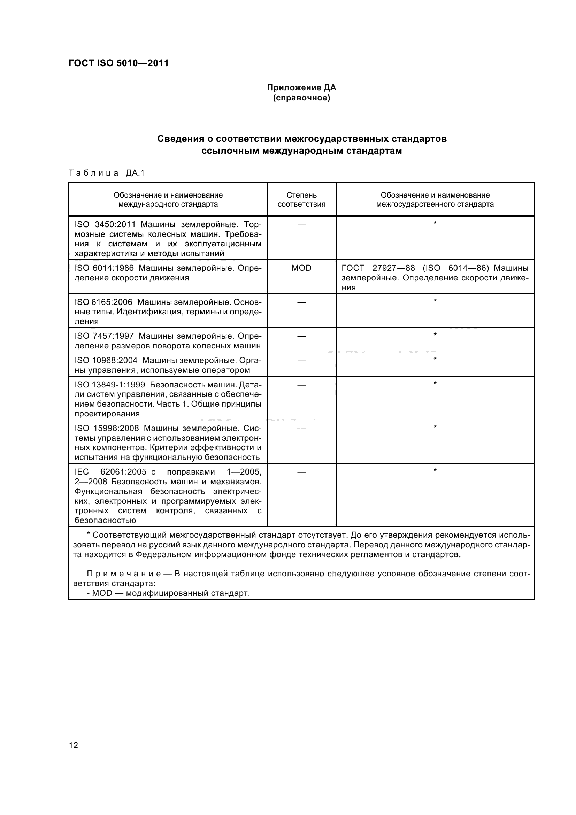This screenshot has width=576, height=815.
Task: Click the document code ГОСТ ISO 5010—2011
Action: point(118,63)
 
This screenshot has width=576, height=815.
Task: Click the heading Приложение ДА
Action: point(301,87)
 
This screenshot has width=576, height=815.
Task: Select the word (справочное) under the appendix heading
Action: point(301,98)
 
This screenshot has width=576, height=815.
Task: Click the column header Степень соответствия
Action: point(301,200)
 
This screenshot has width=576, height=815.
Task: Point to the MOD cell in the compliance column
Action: point(301,268)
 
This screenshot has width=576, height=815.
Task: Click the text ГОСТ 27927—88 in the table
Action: point(378,268)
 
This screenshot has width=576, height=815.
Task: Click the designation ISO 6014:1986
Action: point(104,268)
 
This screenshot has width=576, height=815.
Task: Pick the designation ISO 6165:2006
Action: point(103,302)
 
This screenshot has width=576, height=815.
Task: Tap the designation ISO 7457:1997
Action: point(104,336)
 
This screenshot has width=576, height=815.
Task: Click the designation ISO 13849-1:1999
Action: point(110,385)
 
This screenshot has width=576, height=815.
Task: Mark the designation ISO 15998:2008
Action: point(107,429)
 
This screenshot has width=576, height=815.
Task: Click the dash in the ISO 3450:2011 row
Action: point(301,225)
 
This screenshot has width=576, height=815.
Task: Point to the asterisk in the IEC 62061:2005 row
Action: point(435,471)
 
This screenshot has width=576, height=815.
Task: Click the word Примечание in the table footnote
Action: point(124,574)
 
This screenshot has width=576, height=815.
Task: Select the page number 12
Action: point(73,745)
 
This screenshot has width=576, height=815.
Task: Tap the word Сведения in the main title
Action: point(180,139)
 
